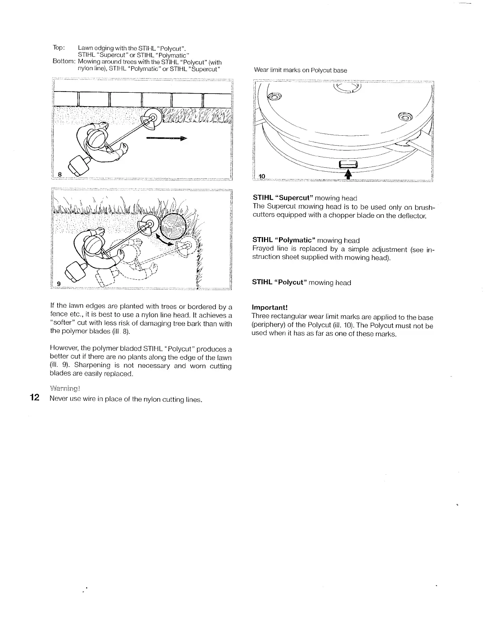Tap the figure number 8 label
click(60, 174)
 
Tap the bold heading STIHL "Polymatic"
click(284, 240)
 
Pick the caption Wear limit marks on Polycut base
click(300, 70)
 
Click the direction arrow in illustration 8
click(166, 138)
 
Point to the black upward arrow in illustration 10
click(348, 174)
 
